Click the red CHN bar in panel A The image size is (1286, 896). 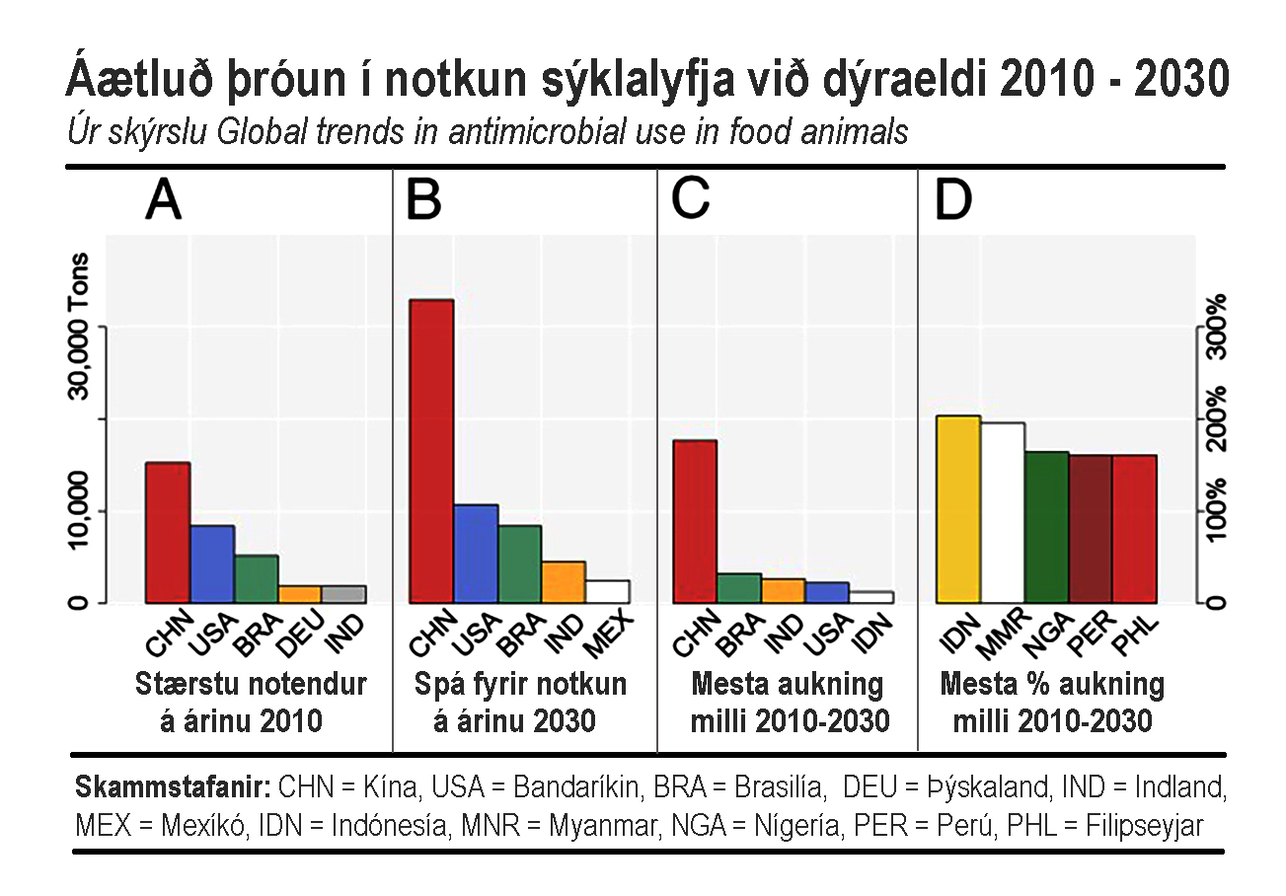coord(168,533)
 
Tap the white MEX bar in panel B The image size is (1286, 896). coord(607,591)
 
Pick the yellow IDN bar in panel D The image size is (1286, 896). coord(958,509)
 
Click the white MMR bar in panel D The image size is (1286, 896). coord(1003,513)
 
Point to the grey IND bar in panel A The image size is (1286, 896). coord(343,594)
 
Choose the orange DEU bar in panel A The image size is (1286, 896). coord(299,594)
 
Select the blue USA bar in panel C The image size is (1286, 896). coord(827,592)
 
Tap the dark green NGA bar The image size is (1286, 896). coord(1046,527)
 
